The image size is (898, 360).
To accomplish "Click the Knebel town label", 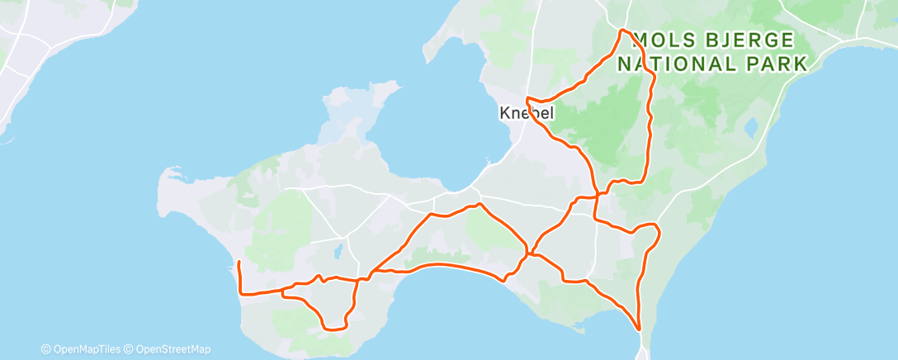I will (526, 113).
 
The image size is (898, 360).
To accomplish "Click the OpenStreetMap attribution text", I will (168, 350).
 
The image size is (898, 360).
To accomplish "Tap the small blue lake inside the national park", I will (751, 128).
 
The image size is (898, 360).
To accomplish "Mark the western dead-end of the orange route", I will (239, 263).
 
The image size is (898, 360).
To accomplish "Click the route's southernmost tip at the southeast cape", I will (640, 330).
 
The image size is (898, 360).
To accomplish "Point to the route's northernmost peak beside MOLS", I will (622, 31).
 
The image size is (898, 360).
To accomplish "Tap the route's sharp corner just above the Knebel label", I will (527, 99).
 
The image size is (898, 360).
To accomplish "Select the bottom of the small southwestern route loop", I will (333, 329).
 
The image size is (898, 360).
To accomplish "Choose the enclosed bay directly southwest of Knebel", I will (462, 124).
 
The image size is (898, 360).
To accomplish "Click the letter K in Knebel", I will (503, 113).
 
